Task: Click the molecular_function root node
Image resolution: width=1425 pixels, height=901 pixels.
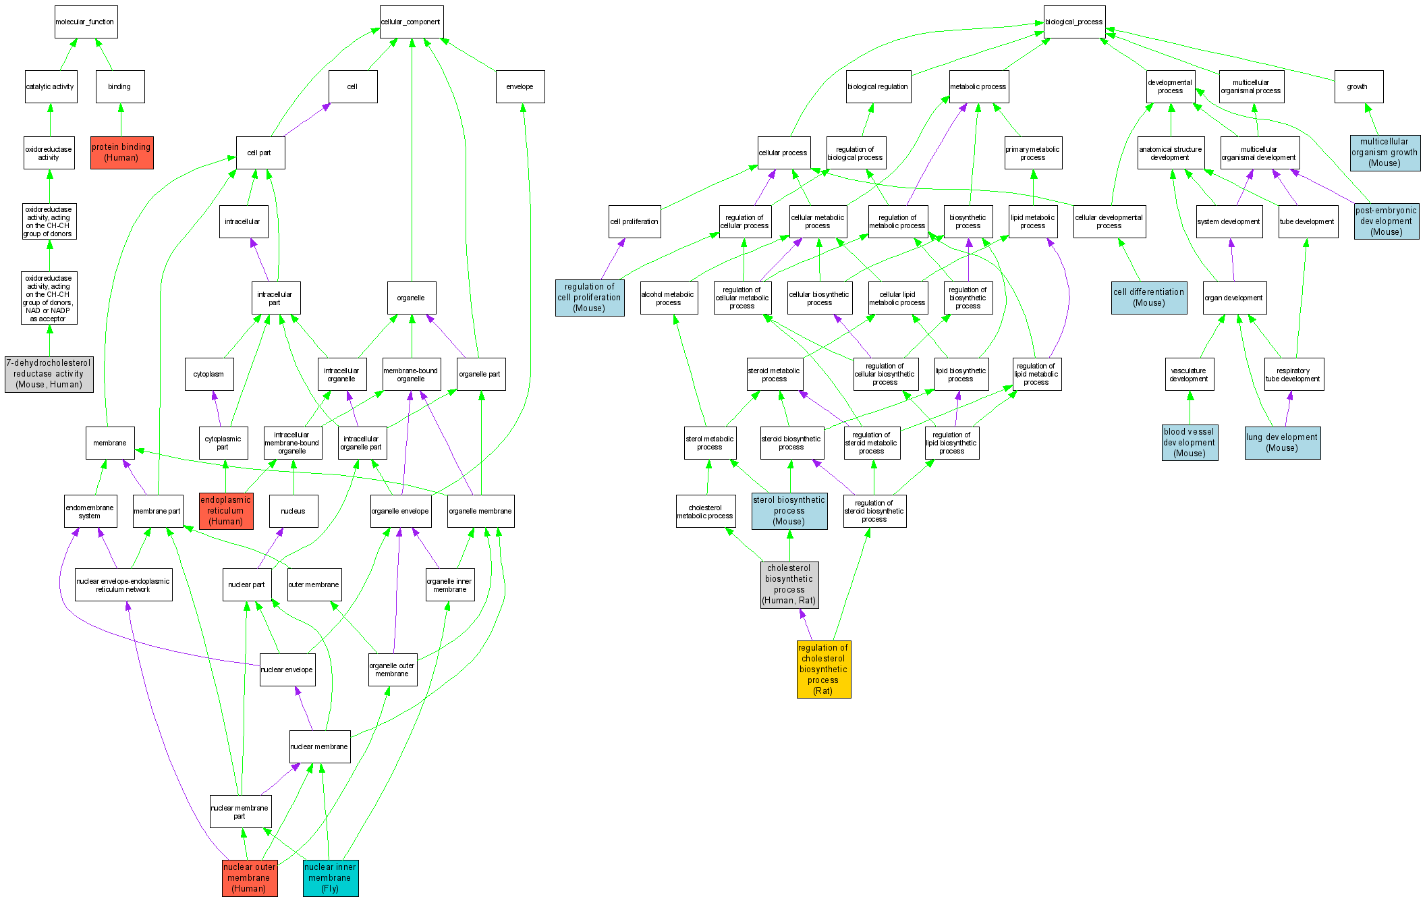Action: pos(86,22)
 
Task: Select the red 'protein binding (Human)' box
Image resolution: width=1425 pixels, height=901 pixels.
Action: pos(122,153)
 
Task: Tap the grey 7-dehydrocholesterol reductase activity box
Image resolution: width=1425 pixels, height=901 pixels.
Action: pos(49,374)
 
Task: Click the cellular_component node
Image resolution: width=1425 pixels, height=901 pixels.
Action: pos(411,22)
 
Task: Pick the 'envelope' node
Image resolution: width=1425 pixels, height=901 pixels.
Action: pos(520,86)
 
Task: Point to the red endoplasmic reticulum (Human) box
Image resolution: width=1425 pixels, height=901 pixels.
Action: pos(226,511)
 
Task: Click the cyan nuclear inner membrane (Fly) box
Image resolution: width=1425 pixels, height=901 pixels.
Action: pos(330,877)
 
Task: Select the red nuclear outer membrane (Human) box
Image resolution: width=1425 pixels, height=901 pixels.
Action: pos(250,877)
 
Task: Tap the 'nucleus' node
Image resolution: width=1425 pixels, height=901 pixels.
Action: pos(293,511)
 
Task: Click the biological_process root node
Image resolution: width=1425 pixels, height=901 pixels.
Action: pos(1074,22)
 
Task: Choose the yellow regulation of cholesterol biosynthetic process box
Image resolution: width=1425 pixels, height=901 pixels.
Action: pos(823,670)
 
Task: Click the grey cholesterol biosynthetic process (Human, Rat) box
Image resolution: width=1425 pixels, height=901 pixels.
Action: pos(789,584)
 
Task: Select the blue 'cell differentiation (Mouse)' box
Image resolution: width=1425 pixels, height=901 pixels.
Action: pos(1149,298)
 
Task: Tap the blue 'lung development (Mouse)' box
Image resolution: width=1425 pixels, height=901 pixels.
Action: pos(1282,443)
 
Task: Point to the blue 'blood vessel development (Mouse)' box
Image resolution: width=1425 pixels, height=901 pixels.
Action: pos(1190,443)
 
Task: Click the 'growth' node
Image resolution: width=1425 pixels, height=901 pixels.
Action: pos(1358,86)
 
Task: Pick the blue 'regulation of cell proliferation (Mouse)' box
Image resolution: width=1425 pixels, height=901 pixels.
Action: pos(589,298)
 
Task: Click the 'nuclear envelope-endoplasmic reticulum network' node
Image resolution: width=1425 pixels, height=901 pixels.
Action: pos(123,584)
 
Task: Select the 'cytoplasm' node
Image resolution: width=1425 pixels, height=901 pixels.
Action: pos(209,374)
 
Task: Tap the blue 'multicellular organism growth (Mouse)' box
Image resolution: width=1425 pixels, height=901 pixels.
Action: pos(1385,153)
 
